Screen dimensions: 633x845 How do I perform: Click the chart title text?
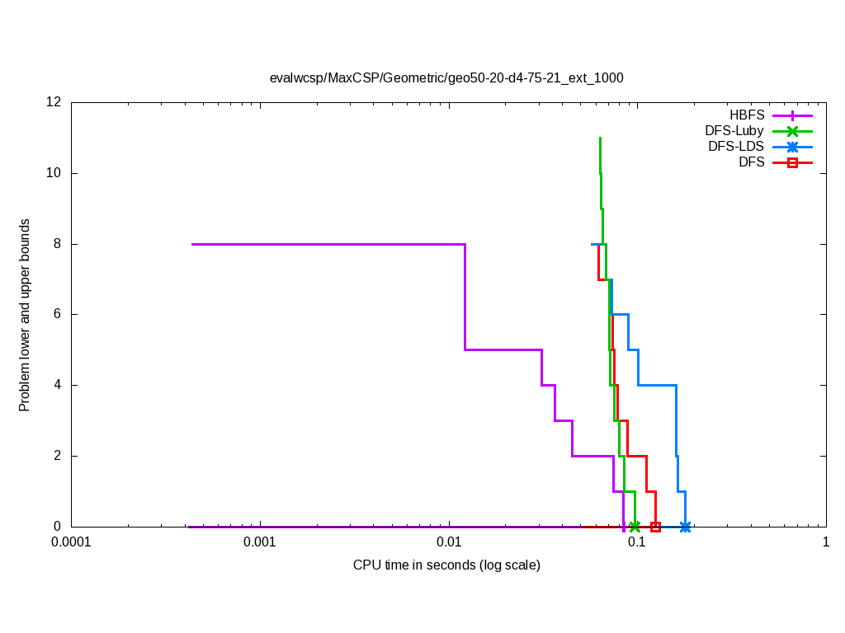[x=446, y=78]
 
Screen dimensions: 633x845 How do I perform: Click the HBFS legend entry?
[x=747, y=115]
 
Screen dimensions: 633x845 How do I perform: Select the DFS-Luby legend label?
[x=734, y=130]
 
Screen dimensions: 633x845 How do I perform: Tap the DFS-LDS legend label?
[x=736, y=147]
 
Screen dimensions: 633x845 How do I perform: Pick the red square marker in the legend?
[x=792, y=162]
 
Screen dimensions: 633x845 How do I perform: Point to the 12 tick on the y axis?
[x=54, y=102]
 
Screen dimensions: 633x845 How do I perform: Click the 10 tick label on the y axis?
[x=54, y=173]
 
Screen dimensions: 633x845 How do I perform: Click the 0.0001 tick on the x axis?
[x=71, y=543]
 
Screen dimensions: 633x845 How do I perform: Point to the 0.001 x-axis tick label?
[x=260, y=543]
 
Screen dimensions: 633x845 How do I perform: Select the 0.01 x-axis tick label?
[x=449, y=543]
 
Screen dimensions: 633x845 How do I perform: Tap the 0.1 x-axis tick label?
[x=637, y=543]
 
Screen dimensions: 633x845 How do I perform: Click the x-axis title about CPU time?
[x=446, y=565]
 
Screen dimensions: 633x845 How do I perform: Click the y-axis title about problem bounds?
[x=25, y=315]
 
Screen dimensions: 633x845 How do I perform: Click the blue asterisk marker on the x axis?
[x=685, y=527]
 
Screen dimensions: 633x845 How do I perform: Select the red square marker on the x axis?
[x=655, y=527]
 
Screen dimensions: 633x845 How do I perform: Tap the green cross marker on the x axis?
[x=635, y=527]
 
